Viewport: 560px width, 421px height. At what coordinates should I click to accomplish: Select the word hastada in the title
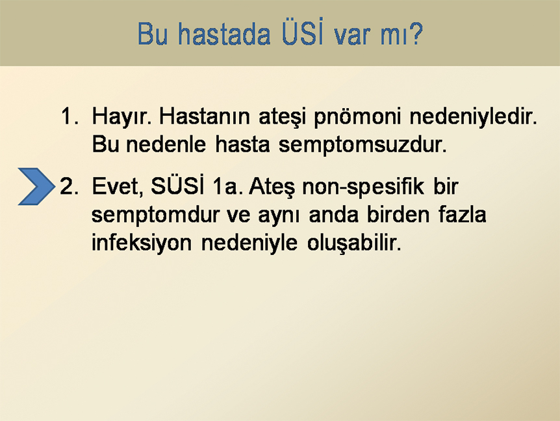[x=224, y=34]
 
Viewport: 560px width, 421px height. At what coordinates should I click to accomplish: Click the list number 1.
[x=70, y=116]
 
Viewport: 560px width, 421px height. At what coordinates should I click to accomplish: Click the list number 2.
[x=70, y=186]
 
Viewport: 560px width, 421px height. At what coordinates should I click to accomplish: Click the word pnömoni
[x=357, y=118]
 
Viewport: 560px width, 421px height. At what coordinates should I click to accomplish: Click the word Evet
[x=118, y=187]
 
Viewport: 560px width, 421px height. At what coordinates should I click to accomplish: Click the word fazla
[x=462, y=214]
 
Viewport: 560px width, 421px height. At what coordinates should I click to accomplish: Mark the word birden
[x=398, y=214]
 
